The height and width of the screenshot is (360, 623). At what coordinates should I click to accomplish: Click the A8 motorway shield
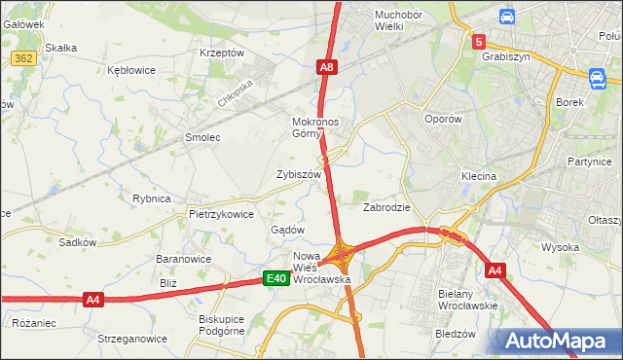click(x=327, y=67)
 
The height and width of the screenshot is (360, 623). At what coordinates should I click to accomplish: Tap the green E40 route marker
click(x=276, y=279)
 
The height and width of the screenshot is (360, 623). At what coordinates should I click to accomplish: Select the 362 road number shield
click(x=25, y=59)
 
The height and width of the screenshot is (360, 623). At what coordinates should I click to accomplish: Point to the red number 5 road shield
click(x=479, y=42)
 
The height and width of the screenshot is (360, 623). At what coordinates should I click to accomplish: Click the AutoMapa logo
click(x=558, y=342)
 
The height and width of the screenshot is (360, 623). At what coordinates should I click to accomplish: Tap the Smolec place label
click(x=202, y=137)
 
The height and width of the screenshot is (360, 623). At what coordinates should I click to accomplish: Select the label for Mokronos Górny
click(x=313, y=128)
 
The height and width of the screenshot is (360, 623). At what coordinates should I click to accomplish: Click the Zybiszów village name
click(x=299, y=174)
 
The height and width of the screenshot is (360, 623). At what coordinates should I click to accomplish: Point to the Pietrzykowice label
click(x=221, y=214)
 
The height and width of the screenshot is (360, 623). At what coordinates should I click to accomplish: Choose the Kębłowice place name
click(x=133, y=71)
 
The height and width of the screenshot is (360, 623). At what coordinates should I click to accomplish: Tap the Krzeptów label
click(x=220, y=53)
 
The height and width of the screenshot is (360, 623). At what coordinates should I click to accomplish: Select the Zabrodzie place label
click(x=387, y=207)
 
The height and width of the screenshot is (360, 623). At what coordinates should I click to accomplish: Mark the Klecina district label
click(x=479, y=176)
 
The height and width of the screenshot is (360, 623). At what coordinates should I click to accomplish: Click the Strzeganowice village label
click(x=126, y=339)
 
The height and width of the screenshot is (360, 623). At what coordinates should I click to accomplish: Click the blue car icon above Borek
click(x=597, y=77)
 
